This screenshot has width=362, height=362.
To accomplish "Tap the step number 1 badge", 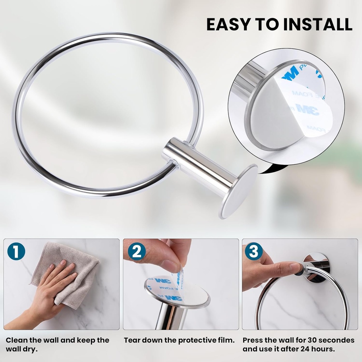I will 16,252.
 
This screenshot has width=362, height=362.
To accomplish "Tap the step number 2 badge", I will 137,252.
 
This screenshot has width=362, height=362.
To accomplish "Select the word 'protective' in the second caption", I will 196,340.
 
